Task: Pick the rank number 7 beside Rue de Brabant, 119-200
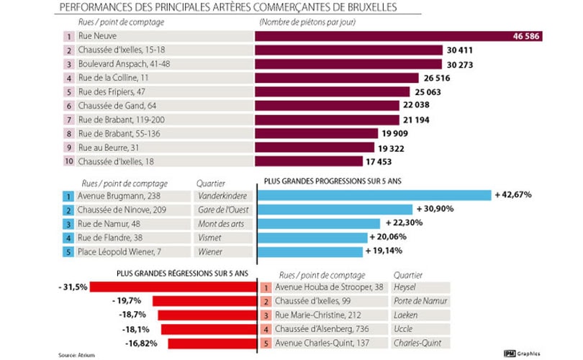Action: click(x=69, y=119)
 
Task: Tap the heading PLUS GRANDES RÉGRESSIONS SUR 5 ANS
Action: click(x=181, y=274)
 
